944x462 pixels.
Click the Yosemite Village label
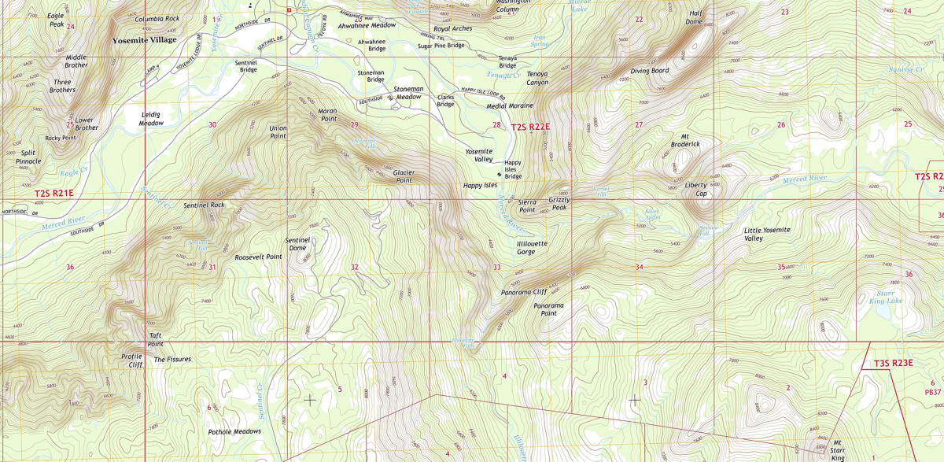[x=144, y=39]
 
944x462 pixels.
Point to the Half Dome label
[x=695, y=17]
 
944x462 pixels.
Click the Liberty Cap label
[x=695, y=189]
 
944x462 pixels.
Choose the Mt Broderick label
[x=684, y=139]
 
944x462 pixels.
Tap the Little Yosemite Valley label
[x=767, y=234]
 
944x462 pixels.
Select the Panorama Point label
[x=548, y=309]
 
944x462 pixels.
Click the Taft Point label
[x=156, y=339]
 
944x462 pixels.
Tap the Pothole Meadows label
[x=234, y=431]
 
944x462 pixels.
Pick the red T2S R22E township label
[x=529, y=126]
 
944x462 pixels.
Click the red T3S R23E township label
[x=893, y=363]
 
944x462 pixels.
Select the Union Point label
[x=278, y=131]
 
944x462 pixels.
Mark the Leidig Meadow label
[x=150, y=118]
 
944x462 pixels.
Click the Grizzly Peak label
[x=559, y=203]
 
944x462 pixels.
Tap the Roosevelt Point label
[x=258, y=257]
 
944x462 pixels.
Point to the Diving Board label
[x=649, y=71]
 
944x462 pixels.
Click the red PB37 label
[x=932, y=392]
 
